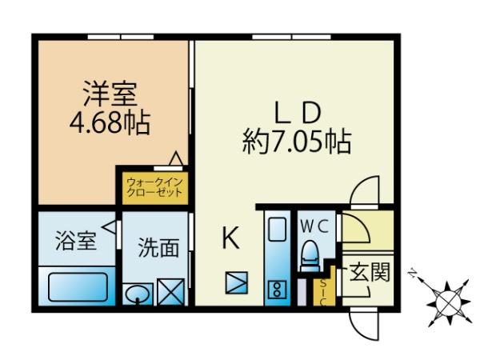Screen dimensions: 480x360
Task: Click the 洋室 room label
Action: pos(110,94)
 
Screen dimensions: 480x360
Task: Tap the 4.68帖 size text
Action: pos(110,122)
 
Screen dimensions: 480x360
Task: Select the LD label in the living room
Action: pos(298,113)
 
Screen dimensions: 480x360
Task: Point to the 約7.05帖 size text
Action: pos(296,142)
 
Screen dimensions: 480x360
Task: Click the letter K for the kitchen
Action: pos(230,238)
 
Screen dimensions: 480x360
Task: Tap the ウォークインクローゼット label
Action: pos(154,187)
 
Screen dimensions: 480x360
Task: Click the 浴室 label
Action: pos(76,241)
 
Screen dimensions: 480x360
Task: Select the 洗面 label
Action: pos(158,247)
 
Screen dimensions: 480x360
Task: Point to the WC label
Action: pos(314,227)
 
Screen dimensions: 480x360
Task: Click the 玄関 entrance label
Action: pos(370,272)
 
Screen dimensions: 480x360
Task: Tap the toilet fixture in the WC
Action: pos(310,256)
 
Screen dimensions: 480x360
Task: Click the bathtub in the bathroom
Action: pos(78,287)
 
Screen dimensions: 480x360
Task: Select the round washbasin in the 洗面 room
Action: pos(138,294)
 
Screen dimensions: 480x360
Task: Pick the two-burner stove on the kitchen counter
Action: pos(277,290)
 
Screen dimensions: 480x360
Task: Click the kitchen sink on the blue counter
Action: pos(277,229)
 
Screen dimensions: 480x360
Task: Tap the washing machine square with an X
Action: pos(171,292)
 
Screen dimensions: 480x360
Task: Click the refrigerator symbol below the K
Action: pos(236,282)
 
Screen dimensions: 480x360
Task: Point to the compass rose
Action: pos(446,302)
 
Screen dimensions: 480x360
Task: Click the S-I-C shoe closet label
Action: pos(323,292)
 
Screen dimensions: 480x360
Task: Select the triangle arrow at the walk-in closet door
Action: pos(176,158)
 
